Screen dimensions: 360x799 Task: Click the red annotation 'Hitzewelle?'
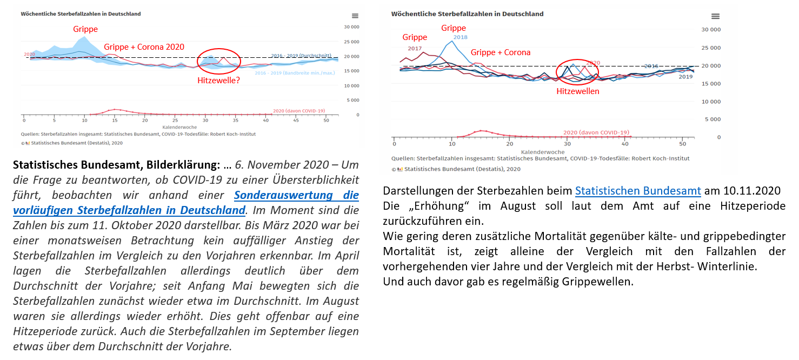218,81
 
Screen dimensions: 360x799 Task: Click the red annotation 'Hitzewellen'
578,91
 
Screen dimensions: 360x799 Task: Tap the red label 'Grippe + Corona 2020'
144,47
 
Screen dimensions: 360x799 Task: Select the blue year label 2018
461,37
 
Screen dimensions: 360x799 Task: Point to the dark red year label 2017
415,49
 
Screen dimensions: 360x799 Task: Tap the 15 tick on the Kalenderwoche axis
115,119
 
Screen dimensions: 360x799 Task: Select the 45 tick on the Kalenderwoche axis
296,119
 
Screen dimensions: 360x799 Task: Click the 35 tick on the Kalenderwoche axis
236,119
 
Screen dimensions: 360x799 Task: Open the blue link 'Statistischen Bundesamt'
638,191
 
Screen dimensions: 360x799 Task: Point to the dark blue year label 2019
685,77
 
